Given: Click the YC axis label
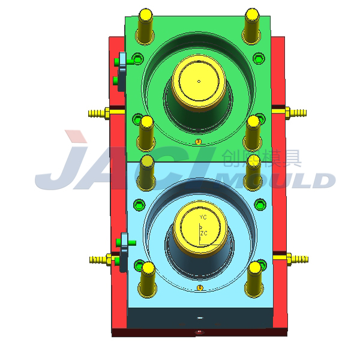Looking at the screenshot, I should tap(203, 217).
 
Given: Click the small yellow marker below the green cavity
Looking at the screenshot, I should tap(199, 142).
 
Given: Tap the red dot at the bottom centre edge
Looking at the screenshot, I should tap(198, 331).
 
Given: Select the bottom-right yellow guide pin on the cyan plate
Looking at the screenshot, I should tap(253, 279).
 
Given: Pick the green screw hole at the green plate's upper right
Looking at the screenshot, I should tap(259, 59).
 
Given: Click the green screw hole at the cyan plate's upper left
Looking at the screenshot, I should tap(139, 204).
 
